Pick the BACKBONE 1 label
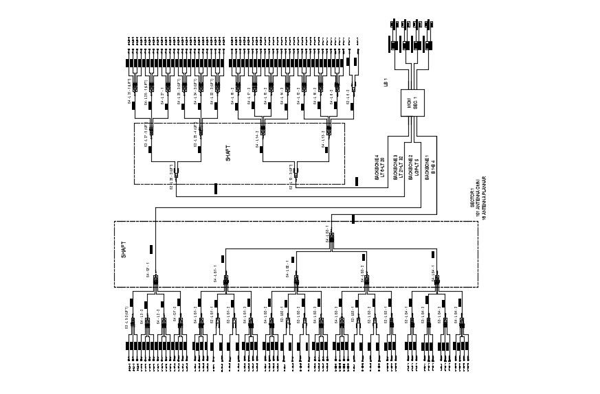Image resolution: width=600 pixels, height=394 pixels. pyautogui.click(x=427, y=168)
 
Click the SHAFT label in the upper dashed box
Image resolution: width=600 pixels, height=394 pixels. pyautogui.click(x=229, y=153)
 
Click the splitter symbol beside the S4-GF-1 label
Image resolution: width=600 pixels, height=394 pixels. pyautogui.click(x=156, y=281)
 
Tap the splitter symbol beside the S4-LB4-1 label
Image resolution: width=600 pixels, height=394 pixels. pyautogui.click(x=438, y=281)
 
